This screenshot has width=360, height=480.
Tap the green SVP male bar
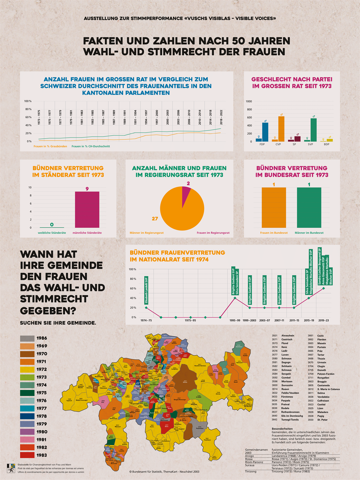pos(313,130)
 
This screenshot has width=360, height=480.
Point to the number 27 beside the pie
pos(155,219)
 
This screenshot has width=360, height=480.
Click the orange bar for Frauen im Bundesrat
pos(274,208)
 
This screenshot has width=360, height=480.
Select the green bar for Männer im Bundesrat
pos(309,208)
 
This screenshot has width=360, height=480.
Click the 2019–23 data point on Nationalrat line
pos(324,288)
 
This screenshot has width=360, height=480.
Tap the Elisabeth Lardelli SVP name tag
pos(146,290)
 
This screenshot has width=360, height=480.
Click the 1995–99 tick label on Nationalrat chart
pos(235,320)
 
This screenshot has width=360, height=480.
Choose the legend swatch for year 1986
pos(27,338)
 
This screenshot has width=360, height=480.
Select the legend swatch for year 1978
pos(27,416)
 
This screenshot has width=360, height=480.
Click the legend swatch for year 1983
pos(27,455)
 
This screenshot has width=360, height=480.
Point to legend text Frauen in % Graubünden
pos(50,146)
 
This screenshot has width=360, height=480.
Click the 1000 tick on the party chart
pos(249,101)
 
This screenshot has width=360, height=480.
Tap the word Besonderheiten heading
pos(282,429)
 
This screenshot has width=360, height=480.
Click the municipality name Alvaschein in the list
pos(288,336)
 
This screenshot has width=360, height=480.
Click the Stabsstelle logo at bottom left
pos(11,468)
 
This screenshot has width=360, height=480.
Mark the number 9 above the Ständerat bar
pos(87,189)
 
